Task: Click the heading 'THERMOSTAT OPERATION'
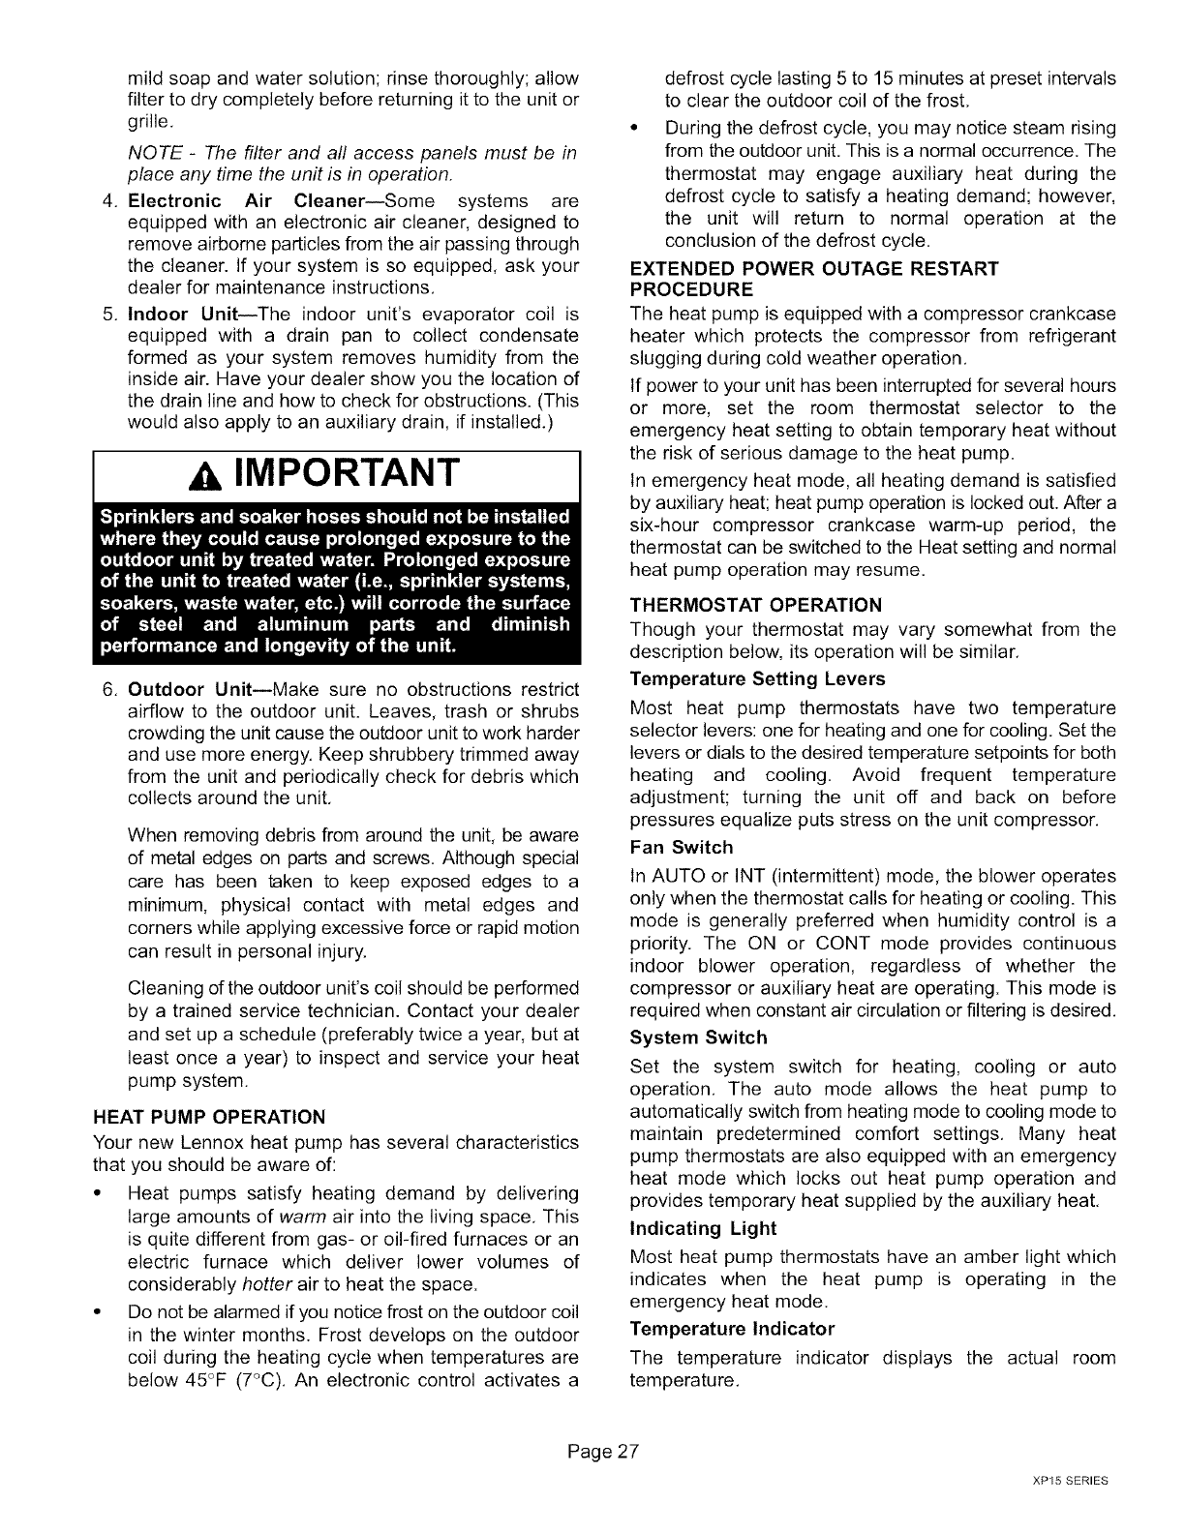(755, 606)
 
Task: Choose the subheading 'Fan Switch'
(681, 848)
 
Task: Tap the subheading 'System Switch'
(697, 1037)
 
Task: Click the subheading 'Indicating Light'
(702, 1228)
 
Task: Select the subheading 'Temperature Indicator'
(731, 1328)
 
